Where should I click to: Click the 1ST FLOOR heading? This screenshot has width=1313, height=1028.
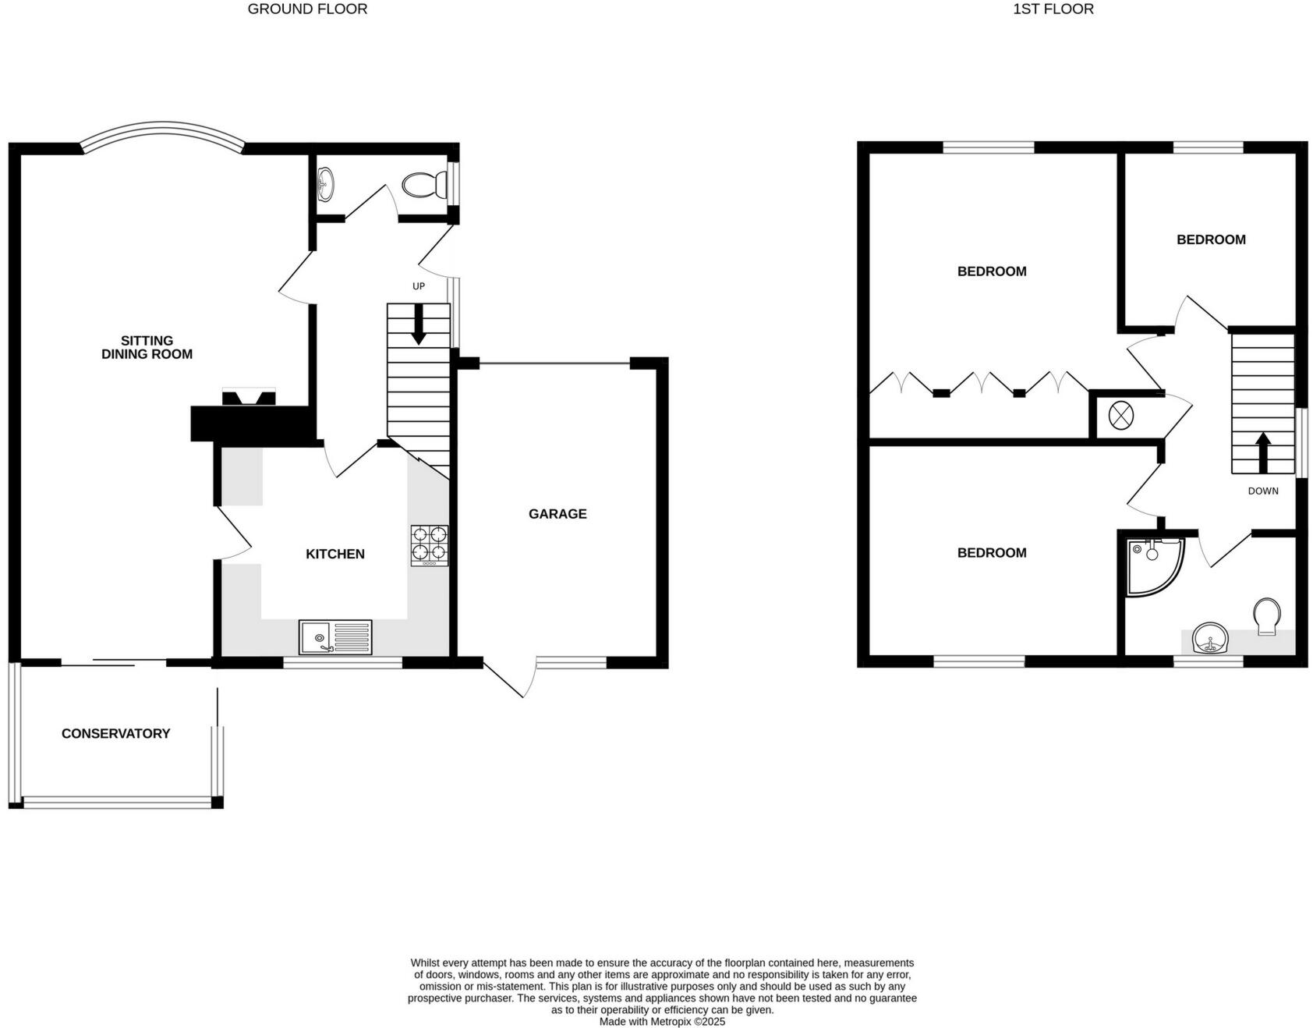[x=1053, y=9]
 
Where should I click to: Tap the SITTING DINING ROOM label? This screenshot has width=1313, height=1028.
[x=147, y=347]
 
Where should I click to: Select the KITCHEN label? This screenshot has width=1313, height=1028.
[x=334, y=554]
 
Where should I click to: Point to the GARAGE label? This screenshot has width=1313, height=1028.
[x=557, y=514]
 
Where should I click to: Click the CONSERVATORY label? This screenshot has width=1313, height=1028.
[x=115, y=733]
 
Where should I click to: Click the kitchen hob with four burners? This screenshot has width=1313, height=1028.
[x=430, y=544]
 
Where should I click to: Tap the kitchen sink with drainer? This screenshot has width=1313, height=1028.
[x=335, y=636]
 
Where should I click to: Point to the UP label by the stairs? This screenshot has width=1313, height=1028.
[x=419, y=286]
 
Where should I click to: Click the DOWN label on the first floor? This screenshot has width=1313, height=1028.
[x=1263, y=491]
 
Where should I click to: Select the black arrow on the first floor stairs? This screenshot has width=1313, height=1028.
[x=1263, y=452]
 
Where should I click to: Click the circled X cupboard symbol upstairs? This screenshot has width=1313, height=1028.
[x=1120, y=415]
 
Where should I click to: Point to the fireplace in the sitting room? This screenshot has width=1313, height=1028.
[x=249, y=398]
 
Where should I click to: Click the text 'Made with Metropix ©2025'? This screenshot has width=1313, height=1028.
[x=662, y=1021]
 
